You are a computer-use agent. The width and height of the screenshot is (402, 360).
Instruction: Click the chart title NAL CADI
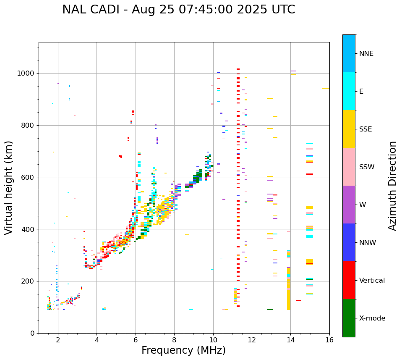[x=178, y=10]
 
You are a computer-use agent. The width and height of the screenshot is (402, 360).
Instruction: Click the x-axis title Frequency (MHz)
[x=183, y=350]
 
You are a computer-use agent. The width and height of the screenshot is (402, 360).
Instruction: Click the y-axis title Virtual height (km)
[x=9, y=188]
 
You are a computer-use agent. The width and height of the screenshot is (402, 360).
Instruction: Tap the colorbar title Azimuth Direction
[x=392, y=186]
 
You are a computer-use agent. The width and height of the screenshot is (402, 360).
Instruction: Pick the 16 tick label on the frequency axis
[x=329, y=340]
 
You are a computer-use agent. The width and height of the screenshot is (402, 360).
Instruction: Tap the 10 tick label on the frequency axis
[x=213, y=340]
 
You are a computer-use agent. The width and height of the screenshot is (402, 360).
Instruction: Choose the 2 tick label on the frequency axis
[x=58, y=340]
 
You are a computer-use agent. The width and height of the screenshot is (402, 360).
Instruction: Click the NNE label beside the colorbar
[x=366, y=54]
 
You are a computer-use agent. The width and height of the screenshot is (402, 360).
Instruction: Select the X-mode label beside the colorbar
[x=372, y=318]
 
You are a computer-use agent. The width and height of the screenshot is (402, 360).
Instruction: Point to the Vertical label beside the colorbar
[x=372, y=281]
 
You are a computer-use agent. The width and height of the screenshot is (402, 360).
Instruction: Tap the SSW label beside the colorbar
[x=366, y=167]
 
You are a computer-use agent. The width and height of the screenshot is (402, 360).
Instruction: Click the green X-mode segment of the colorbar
[x=349, y=318]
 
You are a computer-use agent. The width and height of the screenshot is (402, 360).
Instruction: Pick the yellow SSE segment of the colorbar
[x=349, y=129]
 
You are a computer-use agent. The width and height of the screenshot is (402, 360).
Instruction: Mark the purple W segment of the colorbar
[x=349, y=205]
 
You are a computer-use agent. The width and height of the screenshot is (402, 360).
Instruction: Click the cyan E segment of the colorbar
[x=349, y=91]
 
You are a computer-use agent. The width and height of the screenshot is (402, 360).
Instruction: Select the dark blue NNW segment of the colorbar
[x=349, y=242]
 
